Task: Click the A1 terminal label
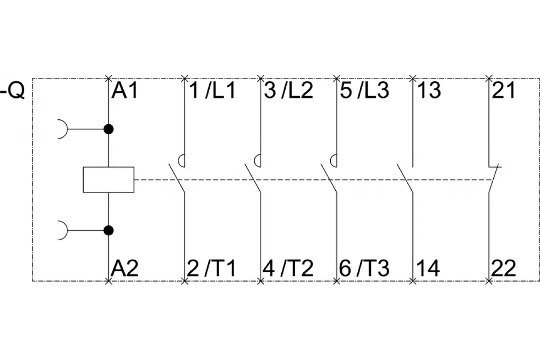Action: tap(125, 90)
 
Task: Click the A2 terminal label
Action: tap(124, 268)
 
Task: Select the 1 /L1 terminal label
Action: tap(212, 90)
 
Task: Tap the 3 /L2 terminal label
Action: tap(288, 90)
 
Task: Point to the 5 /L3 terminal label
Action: tap(364, 90)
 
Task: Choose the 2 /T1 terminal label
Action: tap(211, 268)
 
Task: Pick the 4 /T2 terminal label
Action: tap(288, 268)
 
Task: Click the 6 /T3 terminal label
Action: tap(364, 268)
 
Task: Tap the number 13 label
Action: tap(429, 90)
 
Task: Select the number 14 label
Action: tap(428, 268)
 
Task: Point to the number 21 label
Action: tap(504, 90)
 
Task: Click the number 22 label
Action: tap(504, 268)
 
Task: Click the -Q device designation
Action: tap(13, 90)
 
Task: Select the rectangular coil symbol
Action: tap(108, 180)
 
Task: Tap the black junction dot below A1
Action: tap(108, 129)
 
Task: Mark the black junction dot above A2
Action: tap(108, 230)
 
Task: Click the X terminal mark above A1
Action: tap(108, 78)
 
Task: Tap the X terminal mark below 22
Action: tap(489, 281)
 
